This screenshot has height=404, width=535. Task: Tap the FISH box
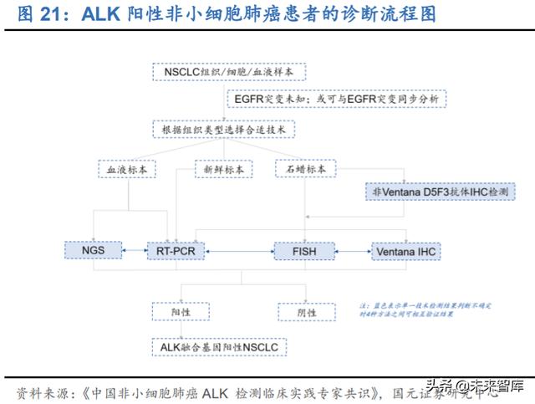click(304, 250)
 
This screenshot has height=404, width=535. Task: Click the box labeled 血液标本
click(127, 169)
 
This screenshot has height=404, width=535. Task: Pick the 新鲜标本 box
click(223, 169)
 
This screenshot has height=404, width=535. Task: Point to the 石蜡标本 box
click(305, 169)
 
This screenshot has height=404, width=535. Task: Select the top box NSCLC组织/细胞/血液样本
click(222, 73)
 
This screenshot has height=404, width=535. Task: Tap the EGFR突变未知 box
click(340, 99)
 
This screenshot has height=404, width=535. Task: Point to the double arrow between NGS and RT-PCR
click(134, 250)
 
